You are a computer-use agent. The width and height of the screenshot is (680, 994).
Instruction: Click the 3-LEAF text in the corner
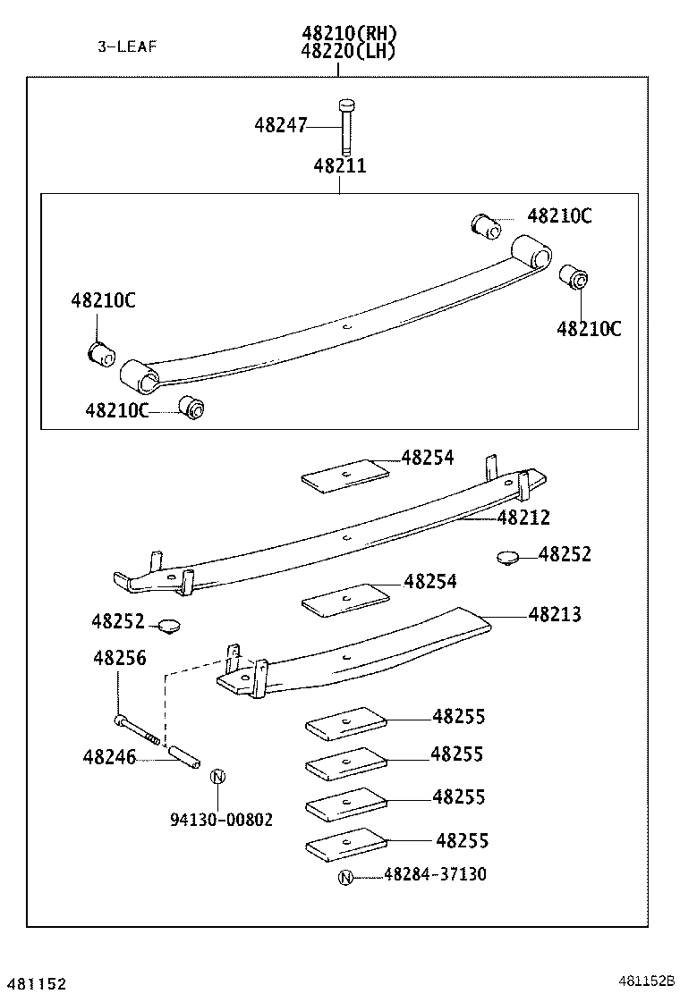click(127, 46)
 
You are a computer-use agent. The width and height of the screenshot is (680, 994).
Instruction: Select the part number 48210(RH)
click(349, 33)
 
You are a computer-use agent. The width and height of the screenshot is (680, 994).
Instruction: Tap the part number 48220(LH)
click(349, 51)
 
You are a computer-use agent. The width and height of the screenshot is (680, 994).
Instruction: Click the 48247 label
click(280, 126)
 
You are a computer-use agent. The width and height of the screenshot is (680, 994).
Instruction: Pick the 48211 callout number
click(339, 166)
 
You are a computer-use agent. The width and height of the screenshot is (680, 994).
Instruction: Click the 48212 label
click(523, 518)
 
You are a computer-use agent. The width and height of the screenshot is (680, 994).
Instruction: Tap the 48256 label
click(119, 659)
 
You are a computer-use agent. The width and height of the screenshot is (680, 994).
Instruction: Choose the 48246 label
click(109, 758)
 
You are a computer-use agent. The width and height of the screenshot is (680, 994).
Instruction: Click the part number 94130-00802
click(221, 820)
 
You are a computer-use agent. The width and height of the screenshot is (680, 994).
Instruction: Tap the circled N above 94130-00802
click(217, 777)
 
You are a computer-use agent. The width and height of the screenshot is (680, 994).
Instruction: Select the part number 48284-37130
click(435, 874)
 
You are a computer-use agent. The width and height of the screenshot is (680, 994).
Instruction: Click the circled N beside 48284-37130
click(345, 877)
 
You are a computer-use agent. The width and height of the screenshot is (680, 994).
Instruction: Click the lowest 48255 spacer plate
click(345, 847)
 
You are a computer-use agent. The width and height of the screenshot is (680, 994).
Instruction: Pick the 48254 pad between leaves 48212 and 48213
click(345, 599)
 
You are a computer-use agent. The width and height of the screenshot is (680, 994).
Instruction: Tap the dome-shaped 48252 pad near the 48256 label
click(169, 624)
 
